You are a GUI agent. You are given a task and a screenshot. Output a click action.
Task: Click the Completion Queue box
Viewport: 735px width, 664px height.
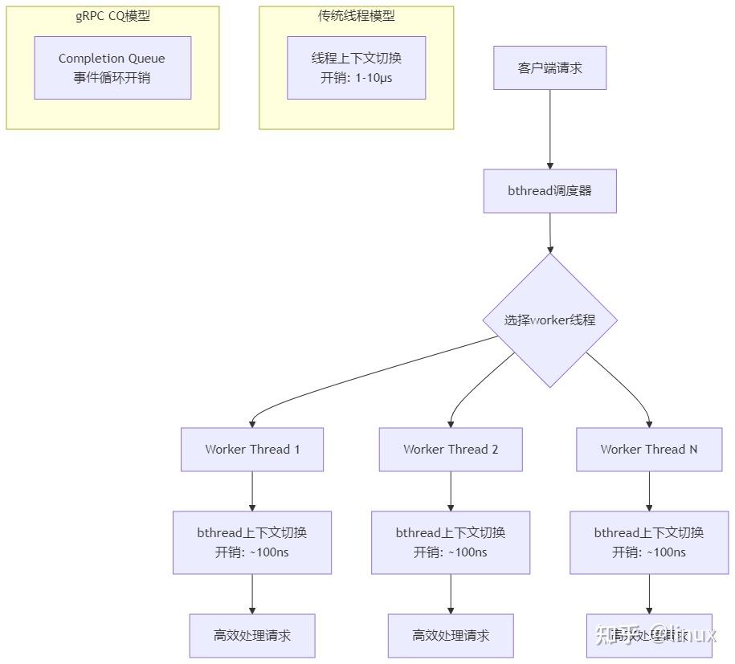point(112,67)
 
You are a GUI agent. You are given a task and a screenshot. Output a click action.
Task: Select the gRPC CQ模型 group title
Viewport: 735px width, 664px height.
point(112,16)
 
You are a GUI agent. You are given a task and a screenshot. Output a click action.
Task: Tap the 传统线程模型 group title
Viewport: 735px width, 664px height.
point(356,16)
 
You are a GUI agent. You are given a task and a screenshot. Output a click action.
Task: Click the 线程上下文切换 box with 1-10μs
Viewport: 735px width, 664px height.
point(356,67)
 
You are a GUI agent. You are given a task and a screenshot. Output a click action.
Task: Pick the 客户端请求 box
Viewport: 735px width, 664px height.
point(550,67)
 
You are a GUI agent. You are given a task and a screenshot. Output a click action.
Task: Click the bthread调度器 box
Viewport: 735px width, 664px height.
point(550,191)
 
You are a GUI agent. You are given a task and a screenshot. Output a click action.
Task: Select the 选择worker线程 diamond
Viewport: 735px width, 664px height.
point(550,320)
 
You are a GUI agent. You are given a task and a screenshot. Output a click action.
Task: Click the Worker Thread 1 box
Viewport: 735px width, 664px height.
point(252,449)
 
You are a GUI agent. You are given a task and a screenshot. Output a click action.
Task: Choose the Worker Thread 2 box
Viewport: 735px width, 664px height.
point(451,449)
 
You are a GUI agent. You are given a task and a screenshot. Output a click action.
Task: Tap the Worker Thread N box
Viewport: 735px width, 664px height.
point(649,449)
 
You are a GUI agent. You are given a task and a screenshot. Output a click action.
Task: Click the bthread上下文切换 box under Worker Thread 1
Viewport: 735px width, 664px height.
point(252,542)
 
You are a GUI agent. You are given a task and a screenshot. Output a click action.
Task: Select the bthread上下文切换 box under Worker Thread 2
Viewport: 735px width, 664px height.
point(451,542)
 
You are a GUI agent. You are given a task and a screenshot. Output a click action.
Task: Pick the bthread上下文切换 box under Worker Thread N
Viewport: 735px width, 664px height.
point(649,542)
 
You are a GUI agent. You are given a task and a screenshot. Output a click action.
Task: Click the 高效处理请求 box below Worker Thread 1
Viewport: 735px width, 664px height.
point(252,635)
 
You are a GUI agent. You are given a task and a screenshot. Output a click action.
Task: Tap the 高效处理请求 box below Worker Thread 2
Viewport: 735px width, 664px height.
point(451,635)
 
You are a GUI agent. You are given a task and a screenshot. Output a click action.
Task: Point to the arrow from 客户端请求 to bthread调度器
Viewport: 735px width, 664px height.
point(550,128)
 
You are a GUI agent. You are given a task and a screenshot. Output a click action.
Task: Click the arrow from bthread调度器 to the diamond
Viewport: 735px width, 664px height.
point(550,233)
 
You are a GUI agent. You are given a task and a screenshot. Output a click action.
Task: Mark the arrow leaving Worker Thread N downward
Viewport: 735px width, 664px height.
point(649,491)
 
